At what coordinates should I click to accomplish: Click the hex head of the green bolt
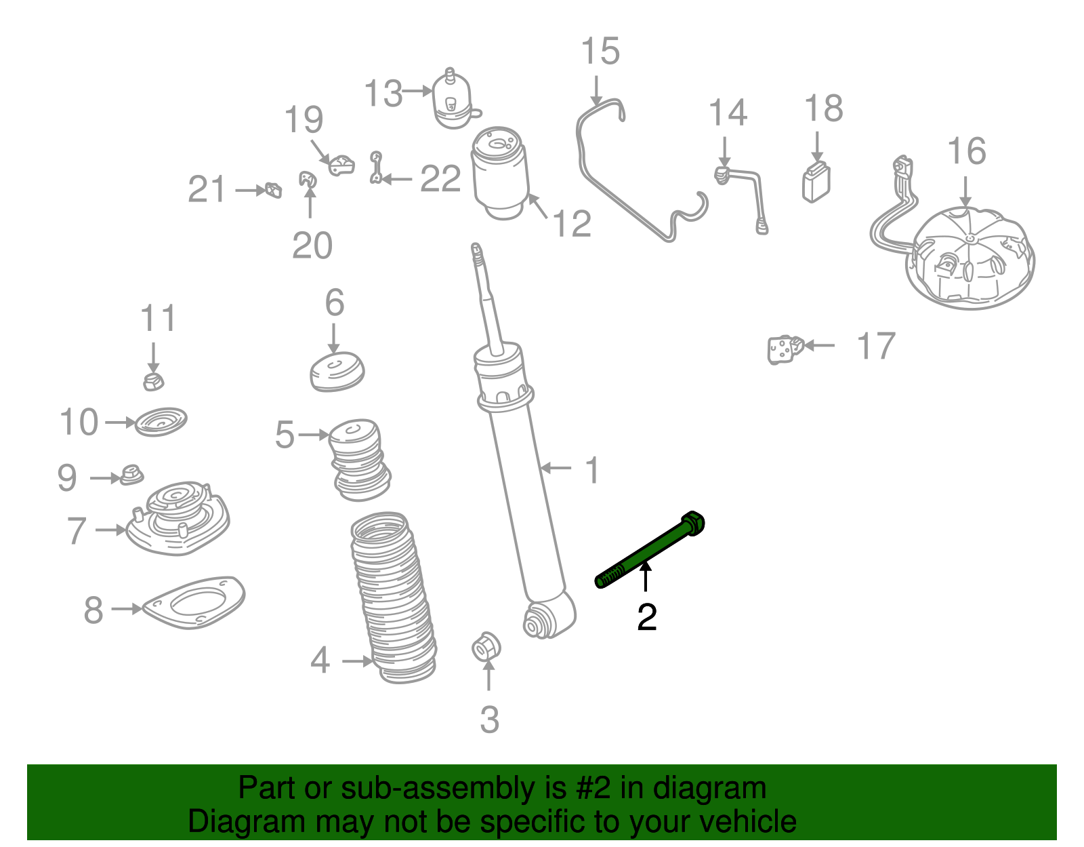(692, 524)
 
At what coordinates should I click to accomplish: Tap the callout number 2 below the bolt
(646, 617)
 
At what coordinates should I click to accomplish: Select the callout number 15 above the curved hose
(600, 51)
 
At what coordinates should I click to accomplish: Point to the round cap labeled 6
(337, 372)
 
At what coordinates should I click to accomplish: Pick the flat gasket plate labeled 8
(194, 602)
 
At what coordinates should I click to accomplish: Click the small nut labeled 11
(154, 381)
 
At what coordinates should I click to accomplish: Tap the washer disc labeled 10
(161, 422)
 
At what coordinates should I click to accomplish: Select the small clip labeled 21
(274, 190)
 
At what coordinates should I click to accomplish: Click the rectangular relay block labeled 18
(816, 182)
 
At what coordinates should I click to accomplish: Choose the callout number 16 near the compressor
(966, 151)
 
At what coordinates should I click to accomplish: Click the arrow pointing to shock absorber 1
(556, 468)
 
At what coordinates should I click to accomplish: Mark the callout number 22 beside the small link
(440, 178)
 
